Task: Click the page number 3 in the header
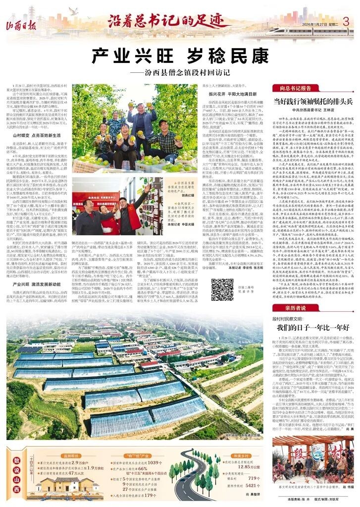(x=347, y=22)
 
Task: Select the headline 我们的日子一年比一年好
(x=307, y=328)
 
